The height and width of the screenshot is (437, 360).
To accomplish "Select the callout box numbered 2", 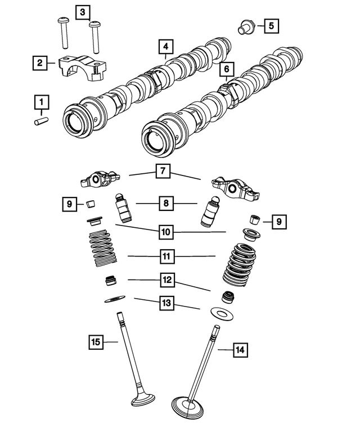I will (x=39, y=63).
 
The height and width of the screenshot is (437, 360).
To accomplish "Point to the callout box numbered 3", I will (x=82, y=11).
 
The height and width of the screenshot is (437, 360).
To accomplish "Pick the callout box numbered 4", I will (x=165, y=45).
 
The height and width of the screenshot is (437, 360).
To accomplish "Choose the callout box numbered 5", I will (x=270, y=25).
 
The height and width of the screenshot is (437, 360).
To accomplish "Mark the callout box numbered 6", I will (x=226, y=69).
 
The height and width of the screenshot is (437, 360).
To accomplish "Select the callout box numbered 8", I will (x=165, y=203).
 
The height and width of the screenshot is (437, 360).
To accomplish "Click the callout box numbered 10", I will (x=165, y=231).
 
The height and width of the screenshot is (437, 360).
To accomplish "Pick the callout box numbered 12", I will (x=165, y=279).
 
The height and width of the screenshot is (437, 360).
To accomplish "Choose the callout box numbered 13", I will (x=165, y=303).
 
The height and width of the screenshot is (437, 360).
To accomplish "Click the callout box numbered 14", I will (x=240, y=350).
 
